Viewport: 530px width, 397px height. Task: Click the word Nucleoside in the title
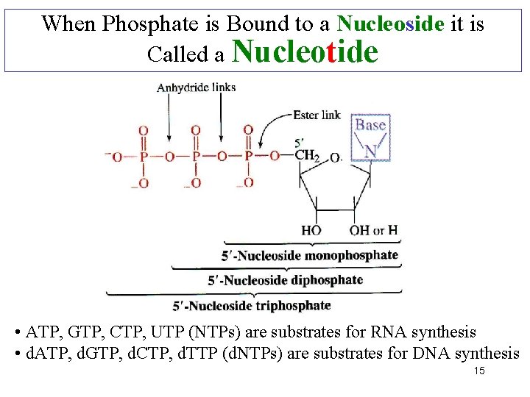pos(389,24)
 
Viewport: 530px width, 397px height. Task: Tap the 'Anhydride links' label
pos(196,87)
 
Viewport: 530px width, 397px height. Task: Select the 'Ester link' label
pos(317,115)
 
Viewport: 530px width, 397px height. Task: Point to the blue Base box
pos(370,136)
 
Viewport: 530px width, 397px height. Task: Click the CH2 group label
pos(307,155)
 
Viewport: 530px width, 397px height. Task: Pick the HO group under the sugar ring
pos(311,230)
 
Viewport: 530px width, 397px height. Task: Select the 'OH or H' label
pos(374,230)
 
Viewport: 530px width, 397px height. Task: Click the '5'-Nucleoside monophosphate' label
pos(309,256)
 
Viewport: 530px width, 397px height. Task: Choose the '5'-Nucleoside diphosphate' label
pos(285,280)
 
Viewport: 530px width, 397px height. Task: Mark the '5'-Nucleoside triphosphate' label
pos(252,305)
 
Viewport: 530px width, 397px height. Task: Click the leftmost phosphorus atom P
pos(144,156)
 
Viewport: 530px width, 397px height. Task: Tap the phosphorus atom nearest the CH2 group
pos(248,156)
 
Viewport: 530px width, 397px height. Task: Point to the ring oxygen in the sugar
pos(334,157)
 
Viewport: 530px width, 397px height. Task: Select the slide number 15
pos(479,371)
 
